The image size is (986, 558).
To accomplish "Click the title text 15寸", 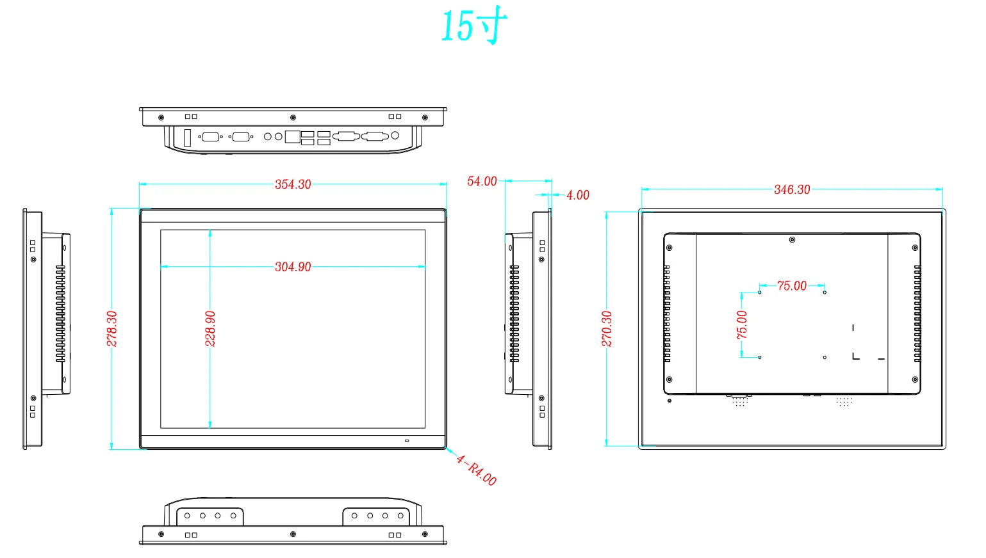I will (x=474, y=27).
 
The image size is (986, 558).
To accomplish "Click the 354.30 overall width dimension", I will (x=293, y=184).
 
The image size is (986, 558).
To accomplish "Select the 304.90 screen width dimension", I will (x=293, y=267).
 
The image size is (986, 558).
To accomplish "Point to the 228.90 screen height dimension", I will (x=210, y=329).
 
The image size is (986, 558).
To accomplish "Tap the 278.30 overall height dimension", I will (x=112, y=329).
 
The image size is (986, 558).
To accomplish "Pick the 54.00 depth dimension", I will (x=482, y=182).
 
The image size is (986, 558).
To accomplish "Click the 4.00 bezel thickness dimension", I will (x=577, y=195).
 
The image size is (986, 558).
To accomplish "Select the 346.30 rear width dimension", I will (x=792, y=189).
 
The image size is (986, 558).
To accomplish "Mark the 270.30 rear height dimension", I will (x=607, y=329).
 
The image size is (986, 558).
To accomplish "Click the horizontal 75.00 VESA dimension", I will (x=792, y=286).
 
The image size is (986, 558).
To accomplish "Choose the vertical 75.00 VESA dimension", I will (x=742, y=324).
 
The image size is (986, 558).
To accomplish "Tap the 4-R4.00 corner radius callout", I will (x=476, y=470).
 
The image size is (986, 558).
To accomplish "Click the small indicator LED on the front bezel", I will (x=406, y=441).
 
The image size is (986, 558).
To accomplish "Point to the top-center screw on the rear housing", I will (x=793, y=240).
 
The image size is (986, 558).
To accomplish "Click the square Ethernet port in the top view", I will (x=292, y=136).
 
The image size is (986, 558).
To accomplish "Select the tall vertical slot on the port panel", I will (x=188, y=138).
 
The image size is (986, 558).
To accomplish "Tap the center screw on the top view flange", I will (x=293, y=118).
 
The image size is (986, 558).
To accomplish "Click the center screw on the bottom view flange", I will (x=293, y=534).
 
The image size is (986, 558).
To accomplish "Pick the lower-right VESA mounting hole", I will (x=825, y=357).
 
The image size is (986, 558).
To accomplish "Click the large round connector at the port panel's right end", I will (x=395, y=136).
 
